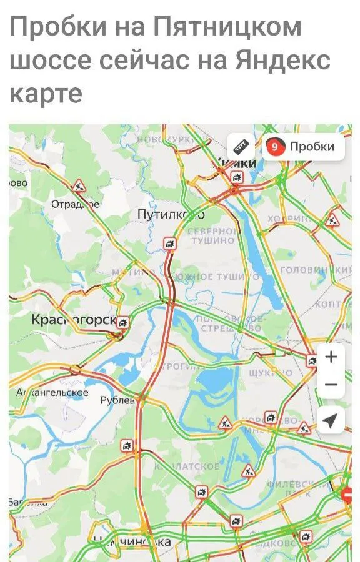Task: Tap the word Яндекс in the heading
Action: [x=282, y=61]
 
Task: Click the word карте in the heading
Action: [x=46, y=94]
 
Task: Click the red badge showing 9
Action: [x=274, y=147]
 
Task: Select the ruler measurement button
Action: [x=241, y=147]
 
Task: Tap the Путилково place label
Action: [x=171, y=215]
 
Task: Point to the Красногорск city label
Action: [x=73, y=320]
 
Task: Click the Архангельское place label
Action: [x=52, y=393]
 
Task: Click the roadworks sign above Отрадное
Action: [x=79, y=185]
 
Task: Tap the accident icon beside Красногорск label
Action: [x=124, y=322]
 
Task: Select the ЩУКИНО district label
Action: [x=270, y=373]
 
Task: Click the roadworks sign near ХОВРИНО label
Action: [x=332, y=220]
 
